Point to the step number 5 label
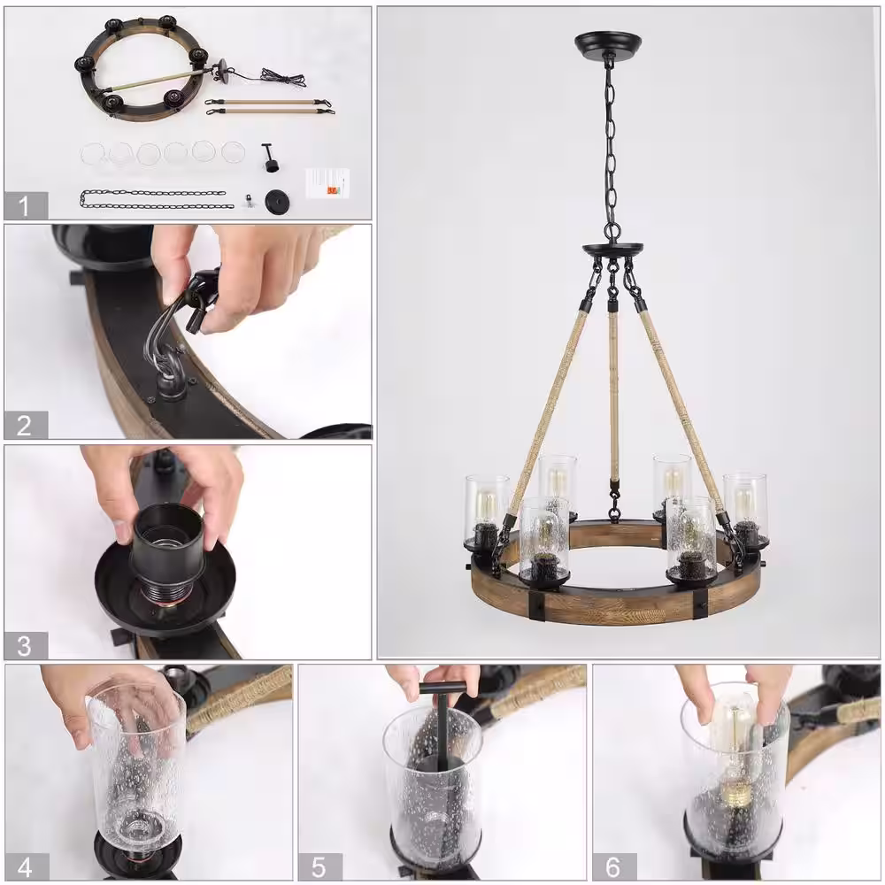click(x=319, y=867)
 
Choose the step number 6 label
click(x=614, y=867)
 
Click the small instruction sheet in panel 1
click(x=327, y=183)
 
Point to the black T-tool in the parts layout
click(x=270, y=158)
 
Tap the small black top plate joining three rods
click(x=612, y=249)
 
